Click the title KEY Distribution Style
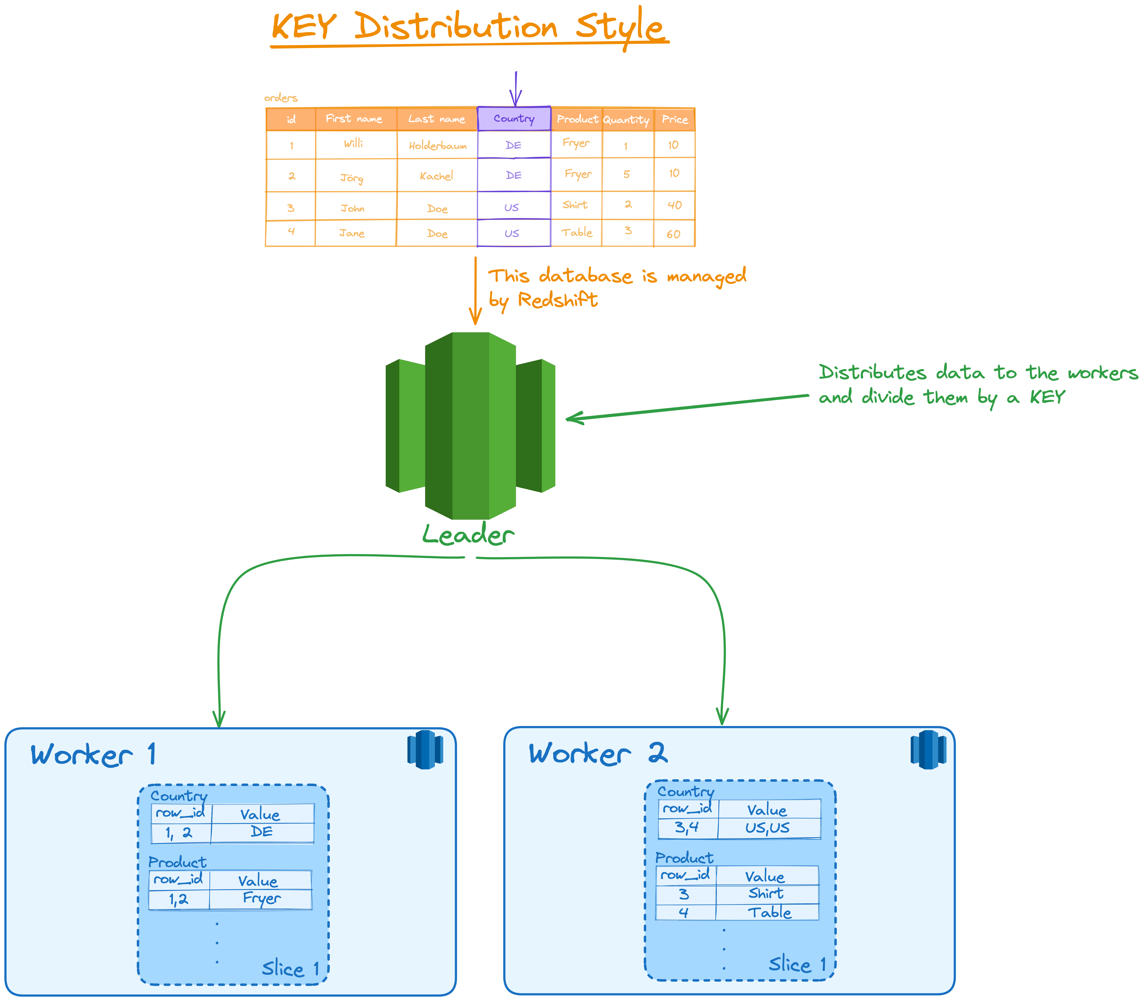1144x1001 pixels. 468,27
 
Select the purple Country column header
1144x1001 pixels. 514,118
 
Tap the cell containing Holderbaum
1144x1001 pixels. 437,145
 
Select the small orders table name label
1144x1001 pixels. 281,98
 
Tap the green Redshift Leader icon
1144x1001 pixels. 470,426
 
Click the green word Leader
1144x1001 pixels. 468,535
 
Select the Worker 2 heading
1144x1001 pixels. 598,754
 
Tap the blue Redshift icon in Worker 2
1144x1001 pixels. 928,749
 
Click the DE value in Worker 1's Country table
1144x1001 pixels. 261,832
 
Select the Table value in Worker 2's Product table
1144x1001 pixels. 769,912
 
